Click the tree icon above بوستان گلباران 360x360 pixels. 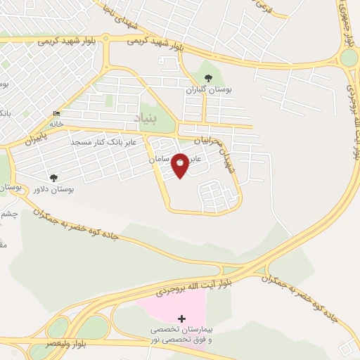coord(207,79)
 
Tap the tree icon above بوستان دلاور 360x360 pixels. coord(53,178)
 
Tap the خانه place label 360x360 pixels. coord(56,124)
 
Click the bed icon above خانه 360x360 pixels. coord(56,114)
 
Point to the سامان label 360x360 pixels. coord(160,160)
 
